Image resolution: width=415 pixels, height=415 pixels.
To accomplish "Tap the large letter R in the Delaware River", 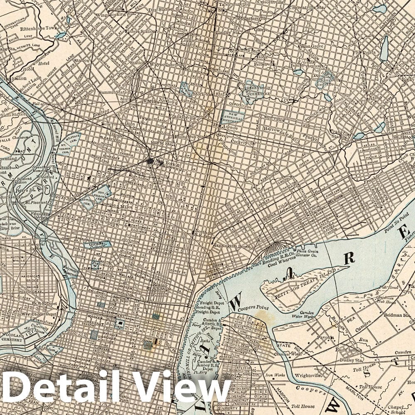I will point(350,258).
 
